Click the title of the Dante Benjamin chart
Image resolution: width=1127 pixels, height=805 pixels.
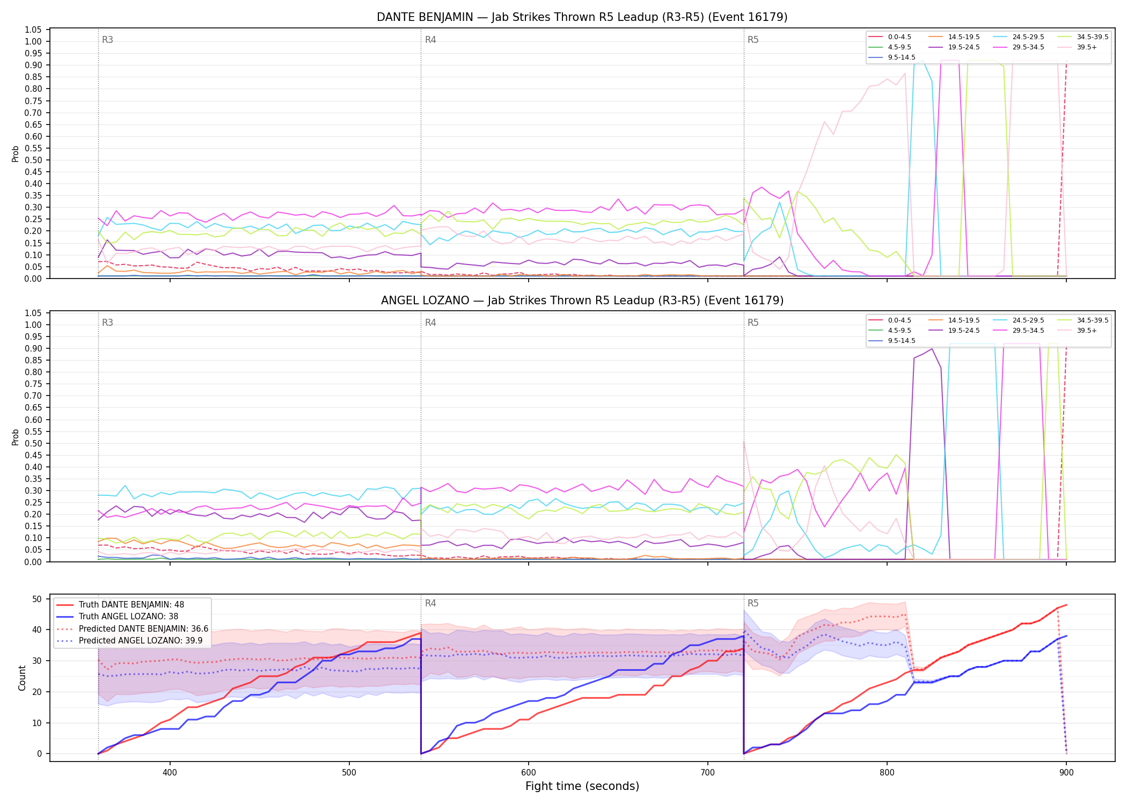point(582,17)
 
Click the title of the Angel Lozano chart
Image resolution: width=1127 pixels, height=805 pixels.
point(582,301)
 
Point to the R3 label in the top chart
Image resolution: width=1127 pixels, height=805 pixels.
point(107,40)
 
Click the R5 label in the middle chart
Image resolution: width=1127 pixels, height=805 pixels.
point(753,323)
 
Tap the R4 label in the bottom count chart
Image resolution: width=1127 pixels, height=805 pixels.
point(430,603)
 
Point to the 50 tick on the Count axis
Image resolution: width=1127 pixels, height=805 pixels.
point(37,599)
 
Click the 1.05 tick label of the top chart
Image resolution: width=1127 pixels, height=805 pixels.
point(33,30)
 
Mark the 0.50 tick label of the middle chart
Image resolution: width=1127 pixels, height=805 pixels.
point(33,443)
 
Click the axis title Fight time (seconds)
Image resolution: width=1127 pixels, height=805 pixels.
point(582,787)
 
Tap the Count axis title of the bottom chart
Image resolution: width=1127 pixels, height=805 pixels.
point(22,678)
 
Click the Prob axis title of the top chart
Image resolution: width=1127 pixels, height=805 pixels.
point(16,153)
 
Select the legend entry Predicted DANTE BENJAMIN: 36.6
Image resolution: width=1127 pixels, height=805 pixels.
point(132,629)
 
